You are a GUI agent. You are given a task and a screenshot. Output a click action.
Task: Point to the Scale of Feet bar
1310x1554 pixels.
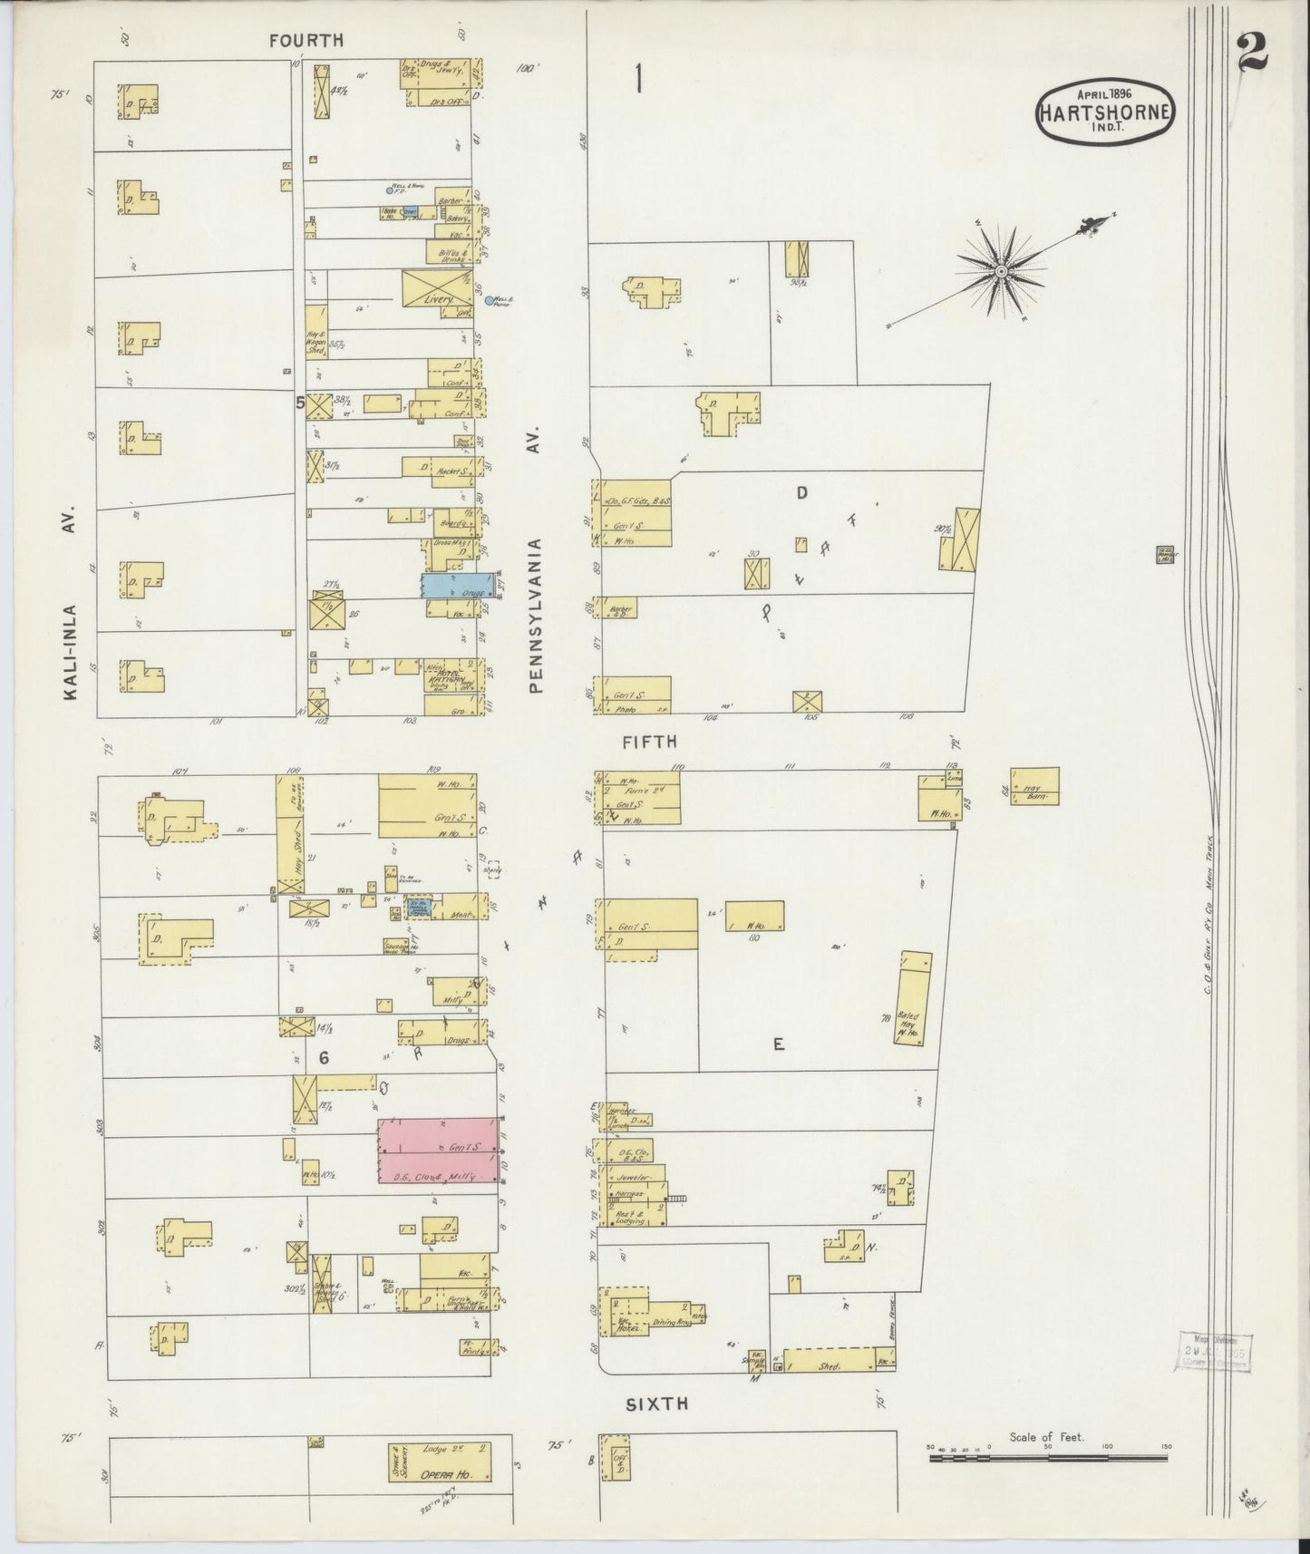point(1047,1457)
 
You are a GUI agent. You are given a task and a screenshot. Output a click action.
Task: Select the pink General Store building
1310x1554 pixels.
point(438,1151)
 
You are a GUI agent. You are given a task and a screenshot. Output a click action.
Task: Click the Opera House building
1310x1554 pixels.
point(440,1462)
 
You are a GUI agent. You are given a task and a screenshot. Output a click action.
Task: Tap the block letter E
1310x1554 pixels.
point(778,1044)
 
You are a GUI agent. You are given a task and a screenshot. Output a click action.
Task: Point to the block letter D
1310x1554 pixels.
point(801,493)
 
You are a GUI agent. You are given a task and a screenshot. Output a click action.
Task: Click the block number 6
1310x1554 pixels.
point(321,1057)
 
